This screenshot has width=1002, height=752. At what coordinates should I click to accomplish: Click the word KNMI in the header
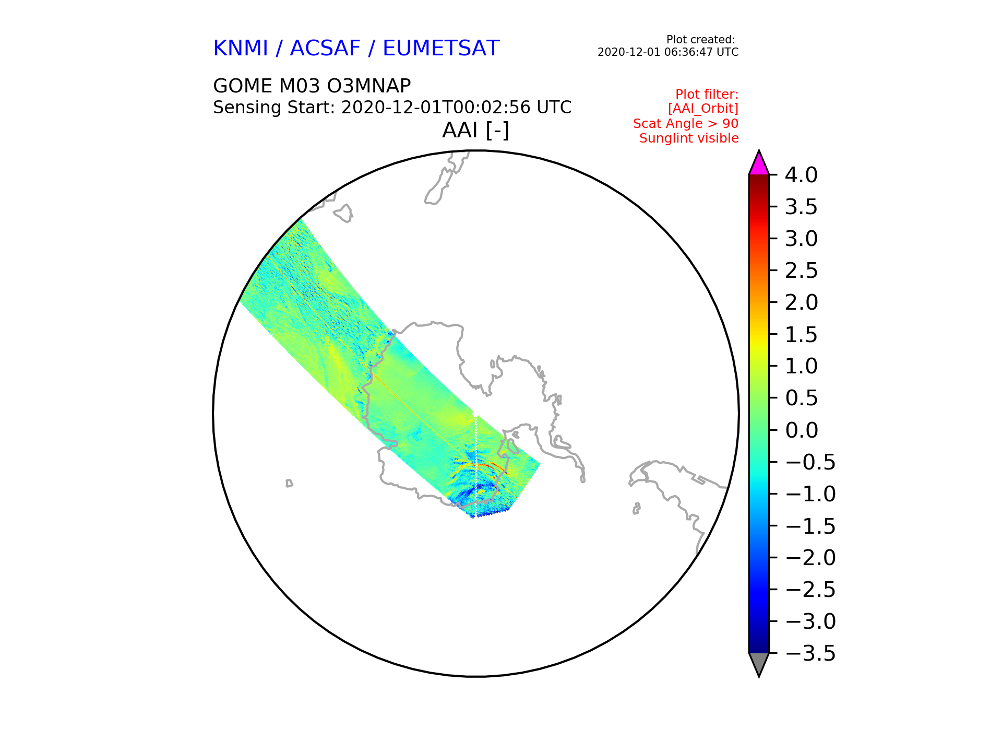coord(241,49)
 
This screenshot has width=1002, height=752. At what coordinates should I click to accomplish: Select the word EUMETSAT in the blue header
coord(441,49)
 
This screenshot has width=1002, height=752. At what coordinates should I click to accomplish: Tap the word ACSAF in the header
coord(325,49)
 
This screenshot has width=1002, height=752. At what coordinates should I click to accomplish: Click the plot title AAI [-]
coord(475,130)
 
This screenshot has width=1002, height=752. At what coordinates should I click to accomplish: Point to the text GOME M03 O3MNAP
coord(312,86)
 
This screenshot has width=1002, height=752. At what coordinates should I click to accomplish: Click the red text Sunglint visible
coord(689,138)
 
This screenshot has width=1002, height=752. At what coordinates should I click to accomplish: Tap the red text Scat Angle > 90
coord(686,124)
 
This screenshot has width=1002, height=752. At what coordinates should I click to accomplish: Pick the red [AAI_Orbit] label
coord(703,109)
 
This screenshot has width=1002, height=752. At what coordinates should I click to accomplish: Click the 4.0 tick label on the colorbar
coord(801,175)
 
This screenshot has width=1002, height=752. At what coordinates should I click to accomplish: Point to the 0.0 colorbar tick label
coord(801,430)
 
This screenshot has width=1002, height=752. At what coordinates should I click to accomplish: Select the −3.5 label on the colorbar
coord(810,653)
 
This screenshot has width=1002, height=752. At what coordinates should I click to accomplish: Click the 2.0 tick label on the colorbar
coord(801,302)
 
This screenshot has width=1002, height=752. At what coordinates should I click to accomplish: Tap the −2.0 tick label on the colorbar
coord(810,558)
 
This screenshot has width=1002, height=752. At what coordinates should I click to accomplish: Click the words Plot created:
coord(701,40)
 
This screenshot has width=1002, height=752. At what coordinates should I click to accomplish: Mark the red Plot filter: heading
coord(707,95)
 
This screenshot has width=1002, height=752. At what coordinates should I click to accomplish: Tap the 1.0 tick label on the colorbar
coord(801,366)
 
